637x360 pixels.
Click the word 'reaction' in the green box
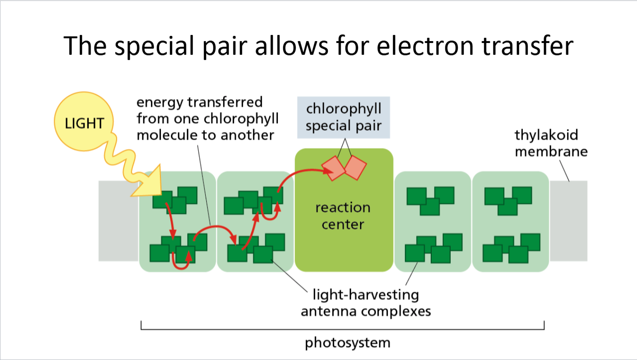pyautogui.click(x=343, y=208)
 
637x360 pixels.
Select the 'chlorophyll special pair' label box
pyautogui.click(x=344, y=117)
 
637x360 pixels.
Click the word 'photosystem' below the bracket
pyautogui.click(x=347, y=342)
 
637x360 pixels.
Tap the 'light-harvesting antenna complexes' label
pyautogui.click(x=366, y=303)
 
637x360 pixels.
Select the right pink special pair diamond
pyautogui.click(x=355, y=167)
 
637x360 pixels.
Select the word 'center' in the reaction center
pyautogui.click(x=343, y=224)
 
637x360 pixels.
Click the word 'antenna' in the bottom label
pyautogui.click(x=327, y=311)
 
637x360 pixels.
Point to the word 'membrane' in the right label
pyautogui.click(x=551, y=151)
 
